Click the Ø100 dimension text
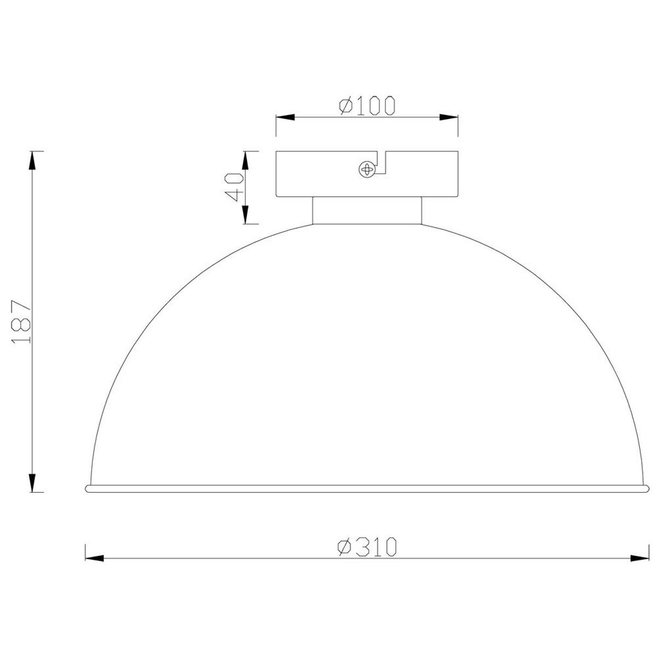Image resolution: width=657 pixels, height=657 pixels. (366, 106)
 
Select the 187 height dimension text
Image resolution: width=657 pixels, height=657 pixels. (22, 321)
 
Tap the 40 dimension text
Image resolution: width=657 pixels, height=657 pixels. (234, 187)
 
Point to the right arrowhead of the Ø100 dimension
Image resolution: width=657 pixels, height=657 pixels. (448, 117)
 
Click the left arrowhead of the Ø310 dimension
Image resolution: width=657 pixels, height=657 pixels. (94, 559)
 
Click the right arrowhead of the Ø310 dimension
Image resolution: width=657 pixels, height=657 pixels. (638, 559)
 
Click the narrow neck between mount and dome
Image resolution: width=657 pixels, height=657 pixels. (367, 211)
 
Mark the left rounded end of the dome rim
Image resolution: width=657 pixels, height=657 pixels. (88, 488)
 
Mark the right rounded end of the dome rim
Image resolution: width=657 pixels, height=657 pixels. (646, 488)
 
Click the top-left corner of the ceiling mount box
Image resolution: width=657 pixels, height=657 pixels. (276, 151)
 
